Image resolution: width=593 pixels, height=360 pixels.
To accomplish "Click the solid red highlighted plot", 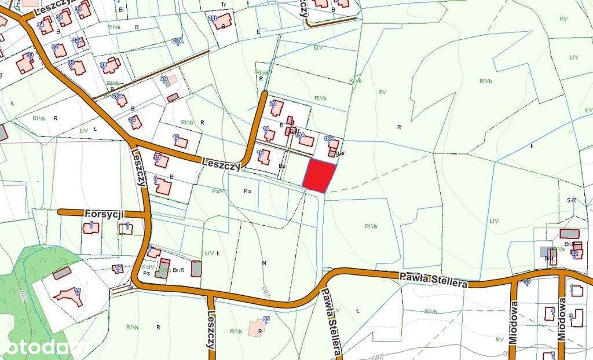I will click(x=320, y=176).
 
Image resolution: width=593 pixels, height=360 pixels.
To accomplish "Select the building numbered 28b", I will click(x=222, y=22).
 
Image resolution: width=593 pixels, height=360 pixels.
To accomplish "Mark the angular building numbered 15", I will click(x=68, y=295).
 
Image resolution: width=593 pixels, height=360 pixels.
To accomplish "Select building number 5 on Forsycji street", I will click(x=90, y=227).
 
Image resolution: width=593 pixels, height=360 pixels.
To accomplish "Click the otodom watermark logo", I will click(x=44, y=347).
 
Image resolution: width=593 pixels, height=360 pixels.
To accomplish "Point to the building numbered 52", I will click(x=577, y=252).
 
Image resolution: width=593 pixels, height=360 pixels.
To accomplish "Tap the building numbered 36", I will click(x=64, y=18).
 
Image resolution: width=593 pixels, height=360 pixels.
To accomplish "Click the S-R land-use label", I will click(x=572, y=200).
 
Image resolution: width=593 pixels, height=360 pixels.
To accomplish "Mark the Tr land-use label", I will click(x=223, y=4).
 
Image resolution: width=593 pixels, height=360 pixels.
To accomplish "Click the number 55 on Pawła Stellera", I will click(x=527, y=281).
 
